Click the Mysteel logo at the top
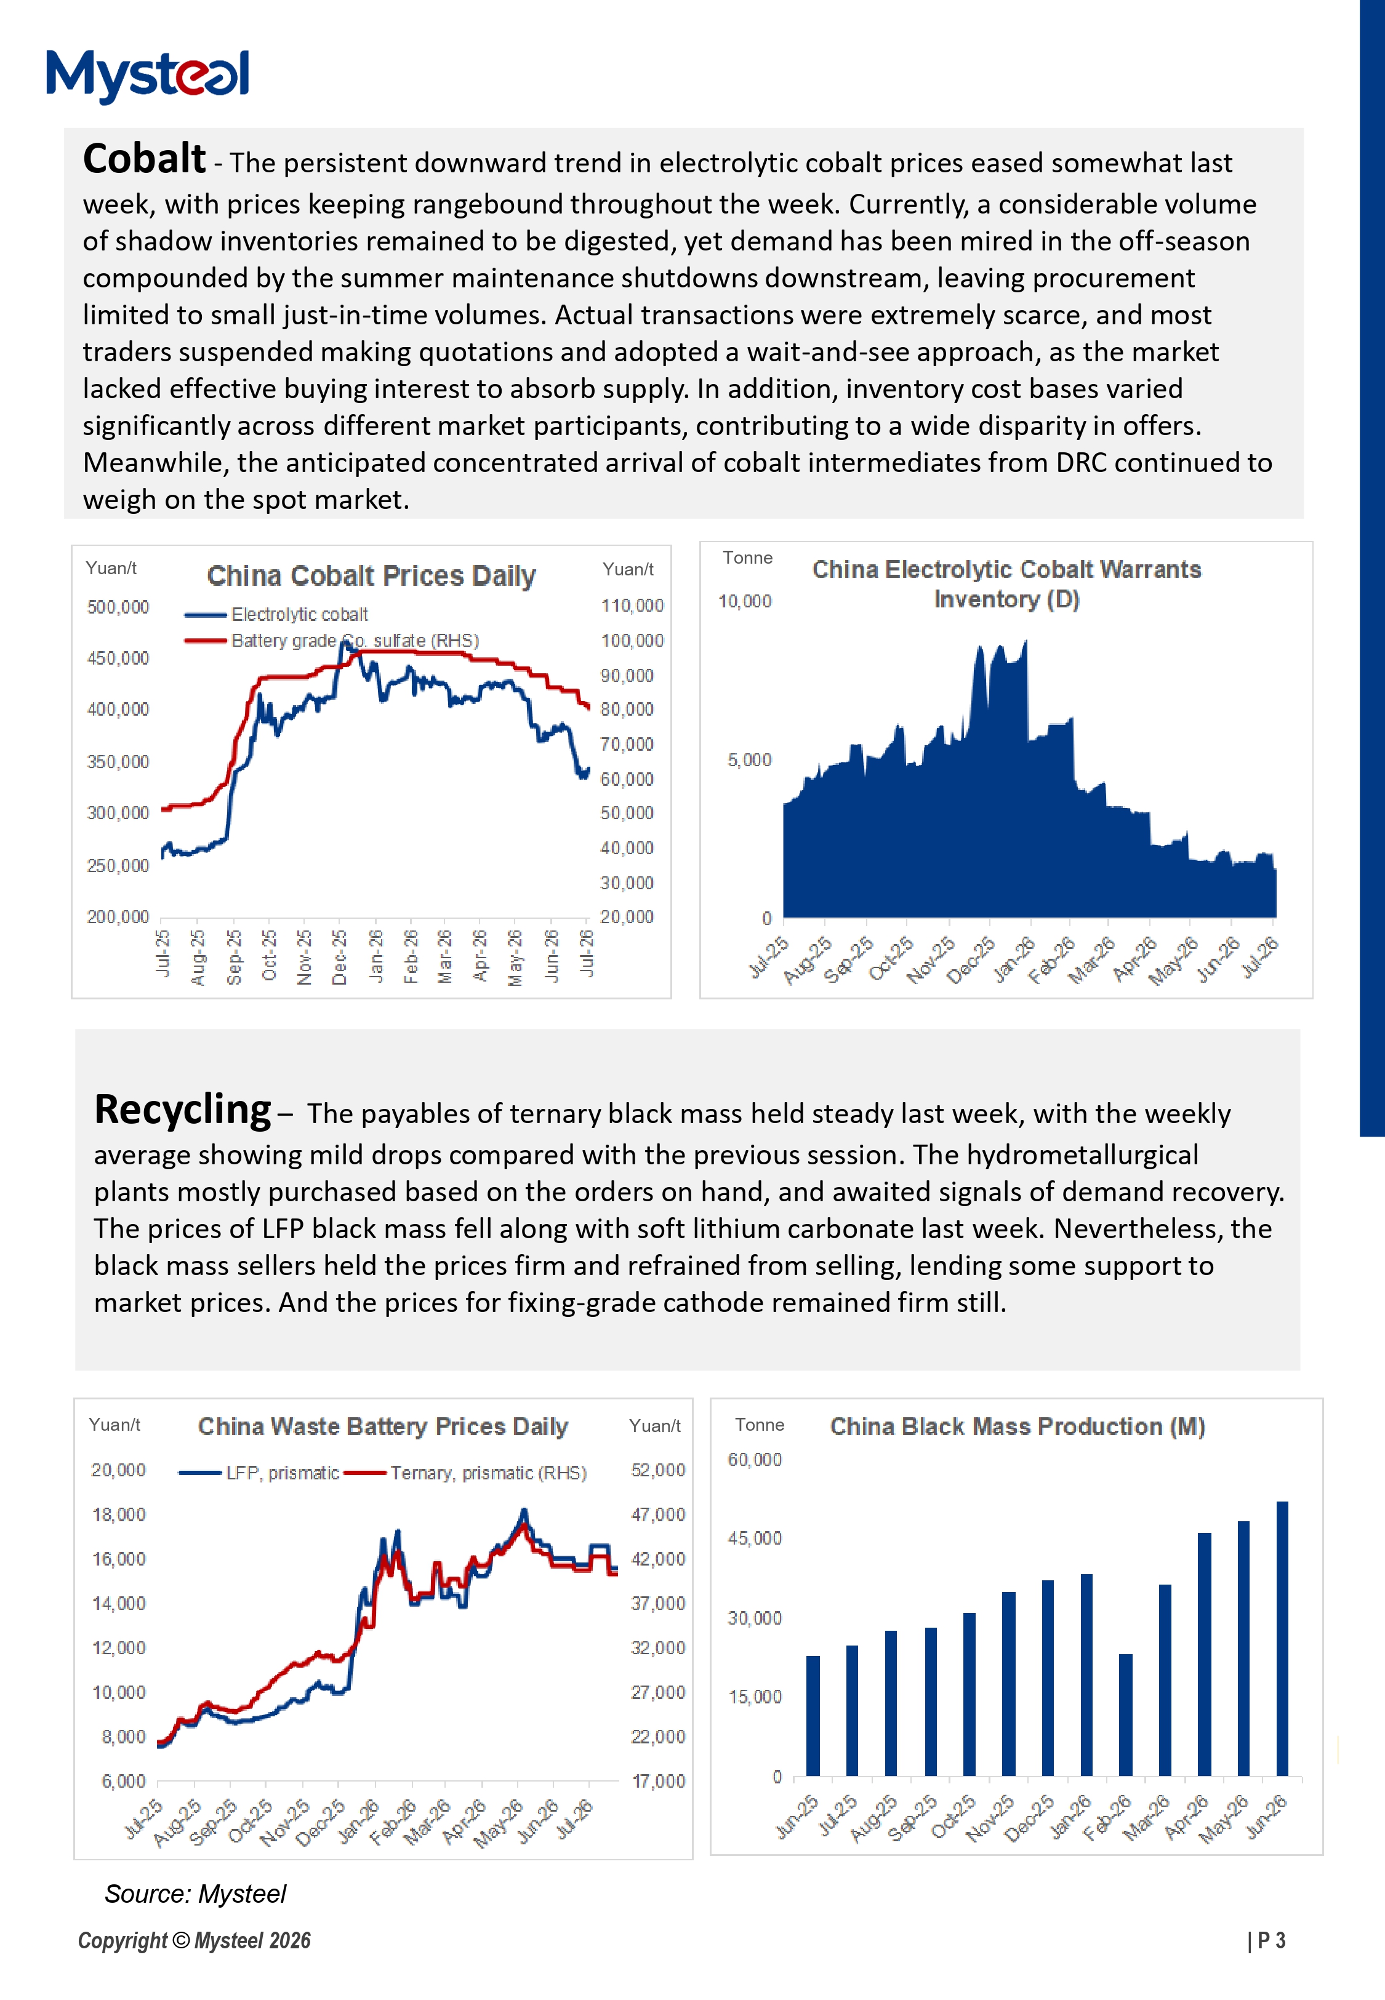click(148, 76)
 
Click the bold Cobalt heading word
click(144, 159)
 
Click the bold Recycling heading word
click(182, 1111)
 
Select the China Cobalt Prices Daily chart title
click(371, 576)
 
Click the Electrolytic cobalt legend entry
click(276, 615)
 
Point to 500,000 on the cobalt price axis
click(118, 607)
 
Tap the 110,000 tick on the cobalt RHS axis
click(632, 606)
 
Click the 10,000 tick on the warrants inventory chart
click(745, 601)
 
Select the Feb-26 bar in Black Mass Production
click(1125, 1714)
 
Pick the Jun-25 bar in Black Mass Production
click(813, 1716)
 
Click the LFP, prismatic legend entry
click(259, 1473)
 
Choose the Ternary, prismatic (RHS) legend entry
click(465, 1473)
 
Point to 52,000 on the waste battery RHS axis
click(658, 1470)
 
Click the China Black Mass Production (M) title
click(1018, 1426)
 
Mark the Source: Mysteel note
click(195, 1894)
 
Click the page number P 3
click(1267, 1941)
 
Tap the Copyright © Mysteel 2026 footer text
click(195, 1941)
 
